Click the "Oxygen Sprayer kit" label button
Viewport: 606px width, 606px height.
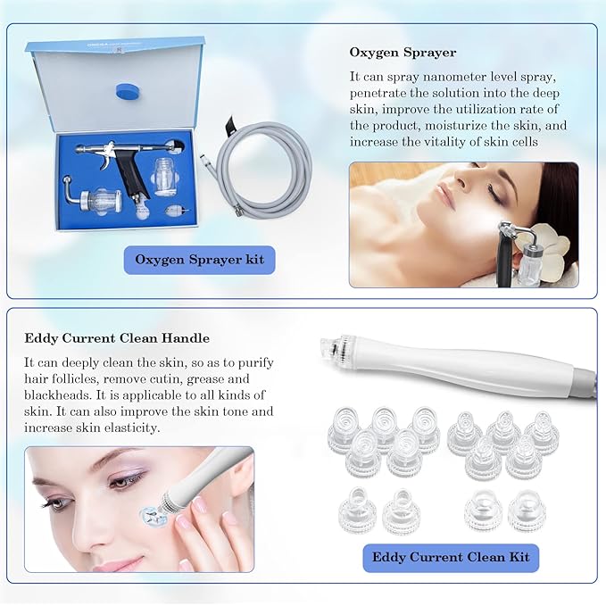(199, 260)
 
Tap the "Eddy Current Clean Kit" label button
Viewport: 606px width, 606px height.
(451, 557)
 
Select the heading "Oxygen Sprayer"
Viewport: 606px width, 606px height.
(403, 53)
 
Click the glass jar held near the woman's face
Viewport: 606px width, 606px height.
(534, 265)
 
